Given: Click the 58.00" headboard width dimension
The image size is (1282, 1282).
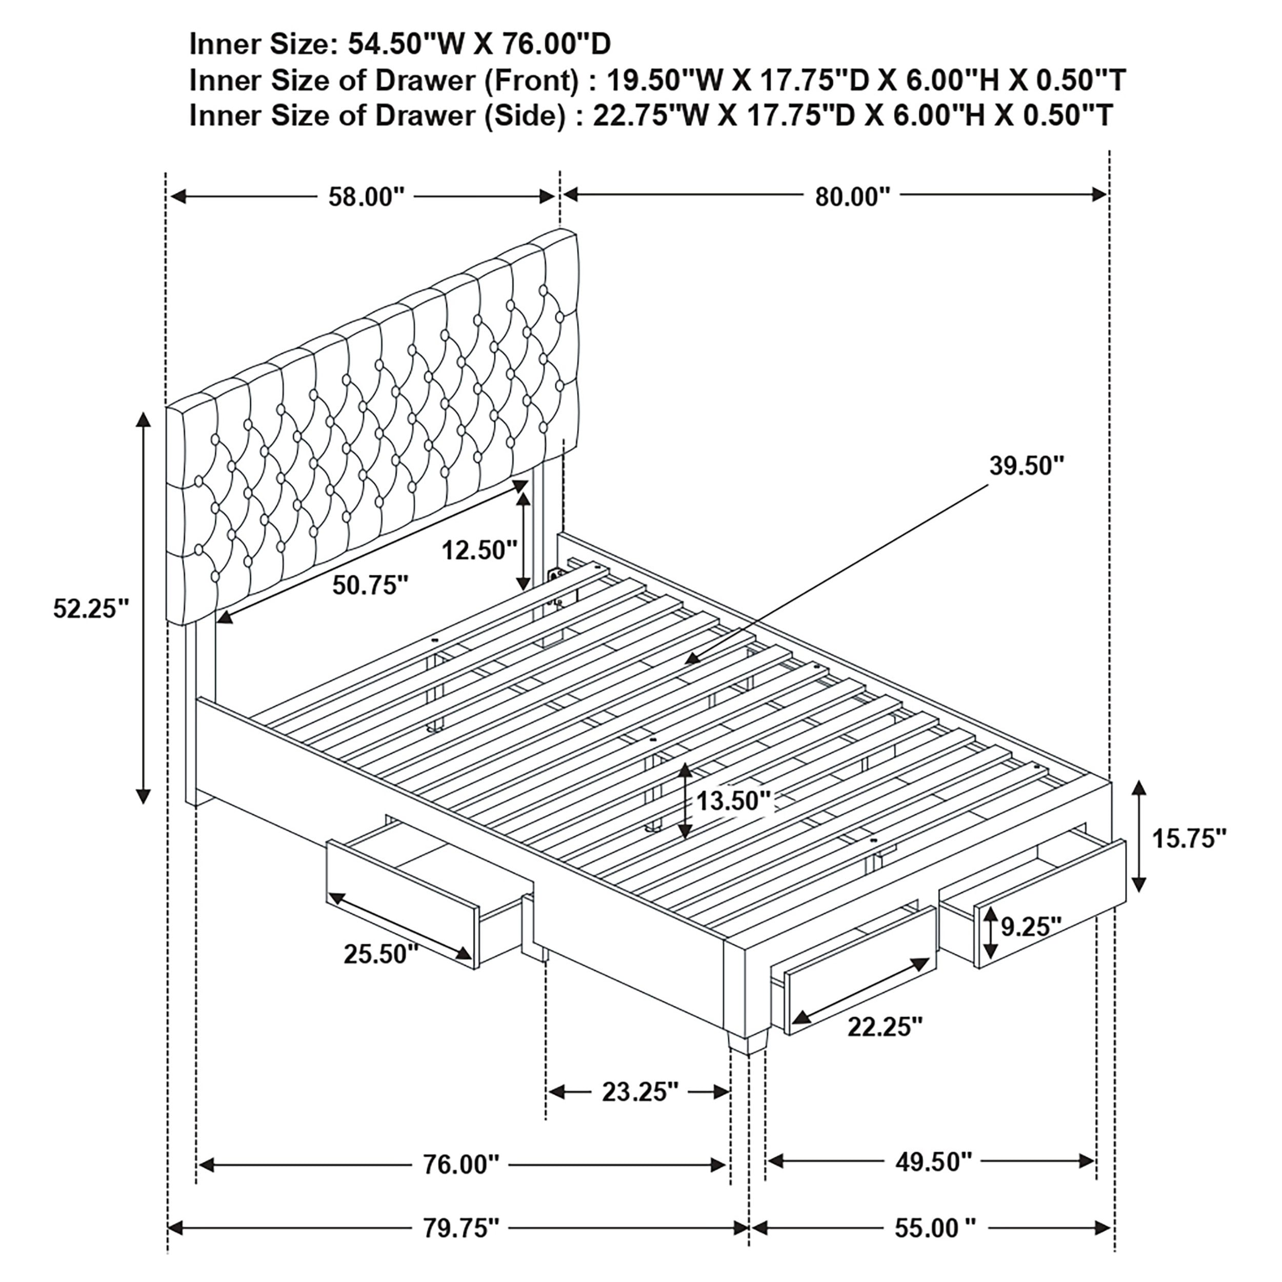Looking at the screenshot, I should (x=366, y=197).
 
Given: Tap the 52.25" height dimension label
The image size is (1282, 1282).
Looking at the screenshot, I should (x=91, y=609).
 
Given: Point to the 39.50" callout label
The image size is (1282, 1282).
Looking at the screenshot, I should (x=1027, y=466).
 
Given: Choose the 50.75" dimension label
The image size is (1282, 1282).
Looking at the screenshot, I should (x=370, y=585).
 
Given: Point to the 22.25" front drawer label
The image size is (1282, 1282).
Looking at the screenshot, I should (x=885, y=1027).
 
